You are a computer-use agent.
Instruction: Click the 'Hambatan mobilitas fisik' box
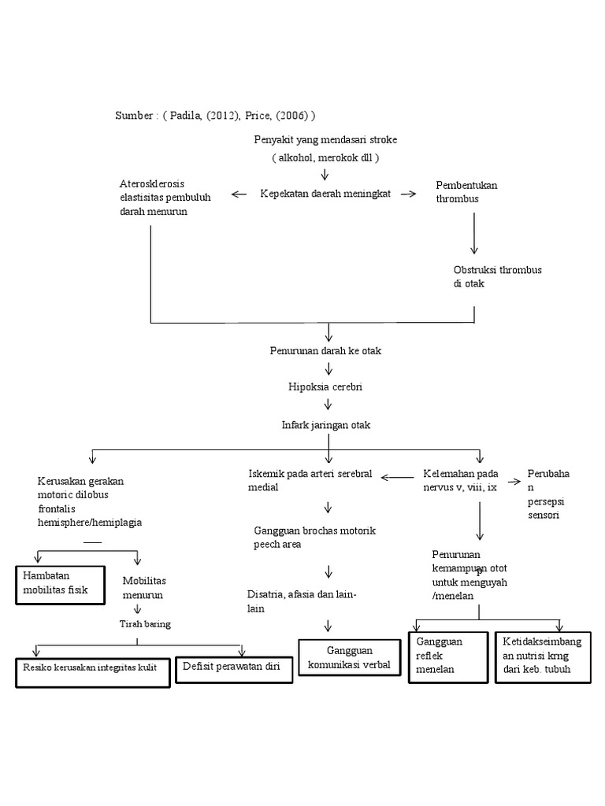tap(60, 583)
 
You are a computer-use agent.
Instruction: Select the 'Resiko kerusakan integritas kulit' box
tap(92, 670)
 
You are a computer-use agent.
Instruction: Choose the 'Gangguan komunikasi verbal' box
tap(351, 658)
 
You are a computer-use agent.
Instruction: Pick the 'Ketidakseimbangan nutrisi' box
tap(545, 656)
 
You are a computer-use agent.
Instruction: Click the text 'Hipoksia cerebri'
tap(325, 387)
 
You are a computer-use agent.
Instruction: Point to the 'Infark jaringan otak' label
tap(325, 425)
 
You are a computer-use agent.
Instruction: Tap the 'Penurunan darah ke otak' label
tap(325, 351)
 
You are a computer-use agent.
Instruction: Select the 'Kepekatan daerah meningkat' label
tap(325, 194)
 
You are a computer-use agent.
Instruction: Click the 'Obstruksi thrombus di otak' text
tap(497, 276)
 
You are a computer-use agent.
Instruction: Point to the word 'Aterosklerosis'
tap(152, 184)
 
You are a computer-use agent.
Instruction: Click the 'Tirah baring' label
tap(145, 624)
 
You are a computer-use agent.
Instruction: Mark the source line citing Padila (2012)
tap(215, 116)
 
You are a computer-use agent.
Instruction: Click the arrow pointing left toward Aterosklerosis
tap(239, 194)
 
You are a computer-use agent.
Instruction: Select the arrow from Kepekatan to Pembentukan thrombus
tap(408, 194)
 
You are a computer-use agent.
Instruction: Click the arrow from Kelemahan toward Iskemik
tap(398, 476)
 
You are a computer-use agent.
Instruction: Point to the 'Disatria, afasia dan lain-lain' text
tap(302, 601)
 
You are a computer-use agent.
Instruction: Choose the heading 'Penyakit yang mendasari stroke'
tap(325, 139)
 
